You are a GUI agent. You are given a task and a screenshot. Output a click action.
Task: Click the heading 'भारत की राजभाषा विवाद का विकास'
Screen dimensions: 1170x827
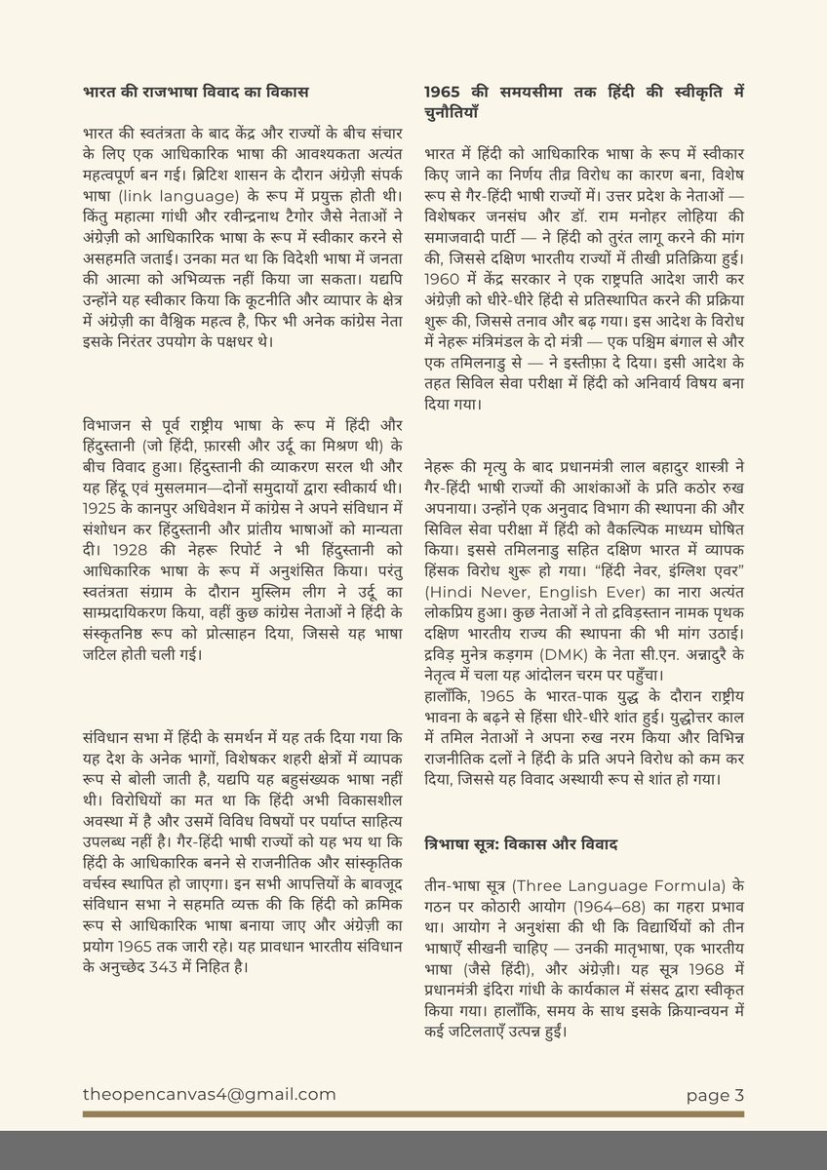[x=196, y=93]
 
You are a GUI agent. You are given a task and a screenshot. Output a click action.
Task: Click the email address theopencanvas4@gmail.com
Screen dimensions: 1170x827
[x=210, y=1095]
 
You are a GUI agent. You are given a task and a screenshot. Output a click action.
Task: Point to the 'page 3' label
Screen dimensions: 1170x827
[x=715, y=1095]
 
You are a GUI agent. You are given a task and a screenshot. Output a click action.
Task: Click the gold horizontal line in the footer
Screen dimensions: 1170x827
[x=413, y=1112]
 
